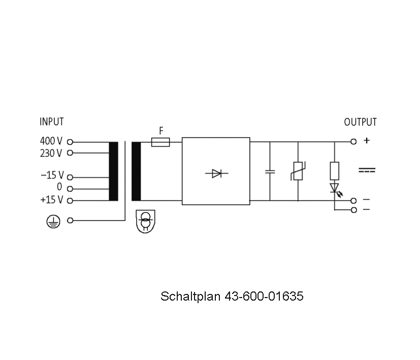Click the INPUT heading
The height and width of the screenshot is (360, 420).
pyautogui.click(x=52, y=121)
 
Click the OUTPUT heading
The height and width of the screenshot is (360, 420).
pyautogui.click(x=360, y=122)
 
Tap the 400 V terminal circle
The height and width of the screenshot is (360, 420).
pyautogui.click(x=70, y=142)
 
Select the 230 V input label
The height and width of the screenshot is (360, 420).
pyautogui.click(x=51, y=153)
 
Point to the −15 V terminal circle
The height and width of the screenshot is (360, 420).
pyautogui.click(x=70, y=177)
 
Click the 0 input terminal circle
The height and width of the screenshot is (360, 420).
pyautogui.click(x=70, y=189)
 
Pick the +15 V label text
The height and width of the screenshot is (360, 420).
pyautogui.click(x=52, y=200)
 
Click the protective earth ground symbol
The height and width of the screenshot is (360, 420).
pyautogui.click(x=53, y=221)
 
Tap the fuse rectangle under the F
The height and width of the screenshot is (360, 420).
pyautogui.click(x=160, y=142)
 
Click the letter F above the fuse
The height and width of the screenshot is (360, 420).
pyautogui.click(x=161, y=131)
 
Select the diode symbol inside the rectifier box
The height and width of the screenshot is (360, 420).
pyautogui.click(x=216, y=173)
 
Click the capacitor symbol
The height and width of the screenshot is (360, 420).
pyautogui.click(x=270, y=172)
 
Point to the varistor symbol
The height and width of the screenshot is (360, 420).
pyautogui.click(x=298, y=171)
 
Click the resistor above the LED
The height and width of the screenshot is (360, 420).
pyautogui.click(x=334, y=171)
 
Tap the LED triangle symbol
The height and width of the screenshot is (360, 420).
pyautogui.click(x=334, y=188)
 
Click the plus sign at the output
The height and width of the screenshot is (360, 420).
pyautogui.click(x=367, y=140)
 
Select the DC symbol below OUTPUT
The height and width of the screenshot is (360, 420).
pyautogui.click(x=367, y=170)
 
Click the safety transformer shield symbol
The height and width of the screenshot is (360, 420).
pyautogui.click(x=145, y=221)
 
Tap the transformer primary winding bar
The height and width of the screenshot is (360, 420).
pyautogui.click(x=114, y=171)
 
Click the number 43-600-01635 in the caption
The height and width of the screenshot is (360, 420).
pyautogui.click(x=264, y=296)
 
